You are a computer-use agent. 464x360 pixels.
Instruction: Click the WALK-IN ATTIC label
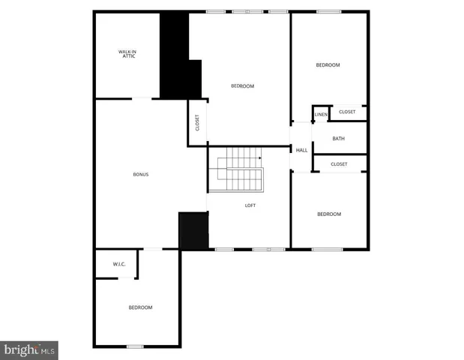[x=127, y=53]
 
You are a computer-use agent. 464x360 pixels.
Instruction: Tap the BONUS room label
[x=141, y=175]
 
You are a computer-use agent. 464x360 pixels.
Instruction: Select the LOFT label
[x=251, y=205]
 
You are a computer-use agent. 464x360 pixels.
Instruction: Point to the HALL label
[x=301, y=151]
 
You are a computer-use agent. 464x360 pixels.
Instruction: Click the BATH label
[x=339, y=139]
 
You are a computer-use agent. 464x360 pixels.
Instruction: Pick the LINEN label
[x=321, y=114]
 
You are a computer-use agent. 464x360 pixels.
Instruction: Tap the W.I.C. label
[x=118, y=264]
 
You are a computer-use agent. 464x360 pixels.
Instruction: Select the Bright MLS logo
[x=30, y=349]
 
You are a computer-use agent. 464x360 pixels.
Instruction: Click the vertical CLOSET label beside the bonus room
[x=197, y=122]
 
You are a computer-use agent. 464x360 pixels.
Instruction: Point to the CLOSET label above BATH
[x=347, y=112]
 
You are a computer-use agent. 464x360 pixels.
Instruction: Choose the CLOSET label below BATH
[x=339, y=164]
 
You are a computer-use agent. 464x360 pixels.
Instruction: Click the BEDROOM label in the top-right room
[x=328, y=65]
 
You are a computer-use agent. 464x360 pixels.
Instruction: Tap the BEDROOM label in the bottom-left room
[x=140, y=307]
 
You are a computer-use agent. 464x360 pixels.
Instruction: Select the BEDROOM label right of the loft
[x=328, y=214]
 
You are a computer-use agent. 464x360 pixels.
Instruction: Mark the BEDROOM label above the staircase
[x=242, y=86]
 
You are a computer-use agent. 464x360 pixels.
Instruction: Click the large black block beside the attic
[x=176, y=56]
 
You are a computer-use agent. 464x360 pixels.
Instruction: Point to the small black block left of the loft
[x=193, y=230]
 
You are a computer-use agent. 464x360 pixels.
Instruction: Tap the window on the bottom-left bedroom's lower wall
[x=135, y=346]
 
